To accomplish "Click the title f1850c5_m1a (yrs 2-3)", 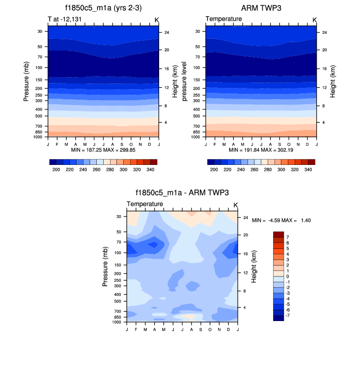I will (103, 8).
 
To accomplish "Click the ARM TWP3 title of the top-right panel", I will (260, 8).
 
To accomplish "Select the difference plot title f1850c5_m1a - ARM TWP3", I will (182, 193).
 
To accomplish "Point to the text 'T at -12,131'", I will (64, 19).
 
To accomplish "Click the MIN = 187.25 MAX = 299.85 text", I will (103, 149).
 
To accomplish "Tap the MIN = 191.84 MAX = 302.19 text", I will (261, 149).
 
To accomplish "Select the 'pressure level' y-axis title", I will (185, 81).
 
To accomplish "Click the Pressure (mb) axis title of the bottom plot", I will (105, 267).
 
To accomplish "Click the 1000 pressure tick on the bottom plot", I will (116, 322).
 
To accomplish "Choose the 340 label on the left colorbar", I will (151, 169).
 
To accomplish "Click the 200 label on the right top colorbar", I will (214, 169).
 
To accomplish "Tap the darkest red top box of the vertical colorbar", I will (278, 234).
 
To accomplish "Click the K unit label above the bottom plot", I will (235, 205).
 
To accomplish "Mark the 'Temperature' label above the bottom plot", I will (145, 204).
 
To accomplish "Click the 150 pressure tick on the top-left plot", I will (38, 80).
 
